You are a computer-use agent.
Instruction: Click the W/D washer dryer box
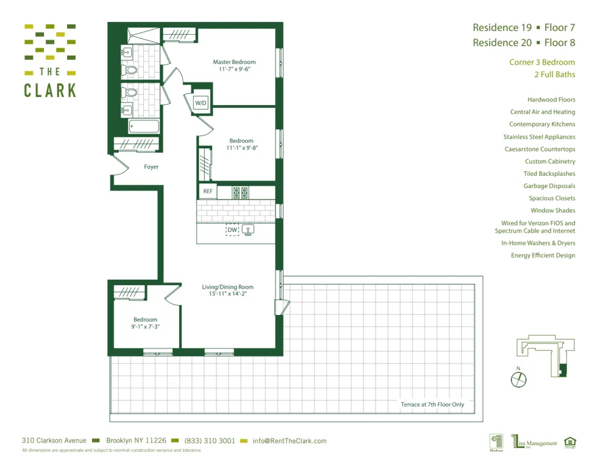(x=201, y=103)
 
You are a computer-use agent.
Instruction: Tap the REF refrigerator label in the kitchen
(x=208, y=192)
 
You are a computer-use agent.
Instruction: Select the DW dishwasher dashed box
(x=232, y=230)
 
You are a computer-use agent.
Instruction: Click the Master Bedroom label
(x=234, y=62)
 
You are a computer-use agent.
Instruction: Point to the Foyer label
(x=151, y=167)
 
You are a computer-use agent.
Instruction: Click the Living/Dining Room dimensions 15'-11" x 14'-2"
(x=227, y=294)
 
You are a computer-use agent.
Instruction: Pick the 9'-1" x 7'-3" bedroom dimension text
(x=145, y=327)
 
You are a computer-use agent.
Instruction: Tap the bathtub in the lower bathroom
(x=144, y=126)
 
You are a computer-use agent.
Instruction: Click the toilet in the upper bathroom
(x=130, y=70)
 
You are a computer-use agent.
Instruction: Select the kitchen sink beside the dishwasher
(x=248, y=230)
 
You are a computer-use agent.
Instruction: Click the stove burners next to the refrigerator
(x=240, y=193)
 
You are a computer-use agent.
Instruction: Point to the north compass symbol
(x=518, y=378)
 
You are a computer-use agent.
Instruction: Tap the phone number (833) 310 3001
(x=209, y=441)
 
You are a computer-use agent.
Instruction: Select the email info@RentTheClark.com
(x=290, y=441)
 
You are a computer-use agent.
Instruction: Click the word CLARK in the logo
(x=50, y=90)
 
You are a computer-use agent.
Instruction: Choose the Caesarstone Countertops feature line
(x=540, y=149)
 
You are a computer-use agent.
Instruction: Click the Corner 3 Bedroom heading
(x=542, y=62)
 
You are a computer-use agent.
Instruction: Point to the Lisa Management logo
(x=534, y=441)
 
